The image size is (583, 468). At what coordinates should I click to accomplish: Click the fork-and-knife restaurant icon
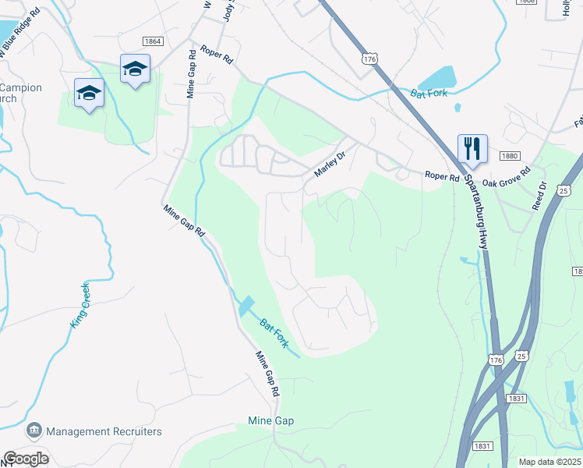[472, 148]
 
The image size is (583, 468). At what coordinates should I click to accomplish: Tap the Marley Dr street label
[329, 163]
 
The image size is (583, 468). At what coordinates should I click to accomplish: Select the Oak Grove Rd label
[506, 176]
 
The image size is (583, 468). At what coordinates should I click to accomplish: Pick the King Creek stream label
[80, 305]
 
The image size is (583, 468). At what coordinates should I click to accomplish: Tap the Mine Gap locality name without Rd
[270, 421]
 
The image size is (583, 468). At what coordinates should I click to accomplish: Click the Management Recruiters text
[104, 431]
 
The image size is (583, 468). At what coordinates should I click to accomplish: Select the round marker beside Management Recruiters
[34, 431]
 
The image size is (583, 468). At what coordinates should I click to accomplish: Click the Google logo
[26, 459]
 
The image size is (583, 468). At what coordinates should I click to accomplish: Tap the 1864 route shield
[153, 41]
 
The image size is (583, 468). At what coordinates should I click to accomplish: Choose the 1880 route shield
[510, 156]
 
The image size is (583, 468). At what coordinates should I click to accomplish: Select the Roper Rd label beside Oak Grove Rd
[442, 177]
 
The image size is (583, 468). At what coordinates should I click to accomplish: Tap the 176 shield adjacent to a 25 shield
[496, 359]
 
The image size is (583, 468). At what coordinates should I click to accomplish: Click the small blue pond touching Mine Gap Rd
[246, 305]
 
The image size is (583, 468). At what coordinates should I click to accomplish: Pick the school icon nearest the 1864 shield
[135, 69]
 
